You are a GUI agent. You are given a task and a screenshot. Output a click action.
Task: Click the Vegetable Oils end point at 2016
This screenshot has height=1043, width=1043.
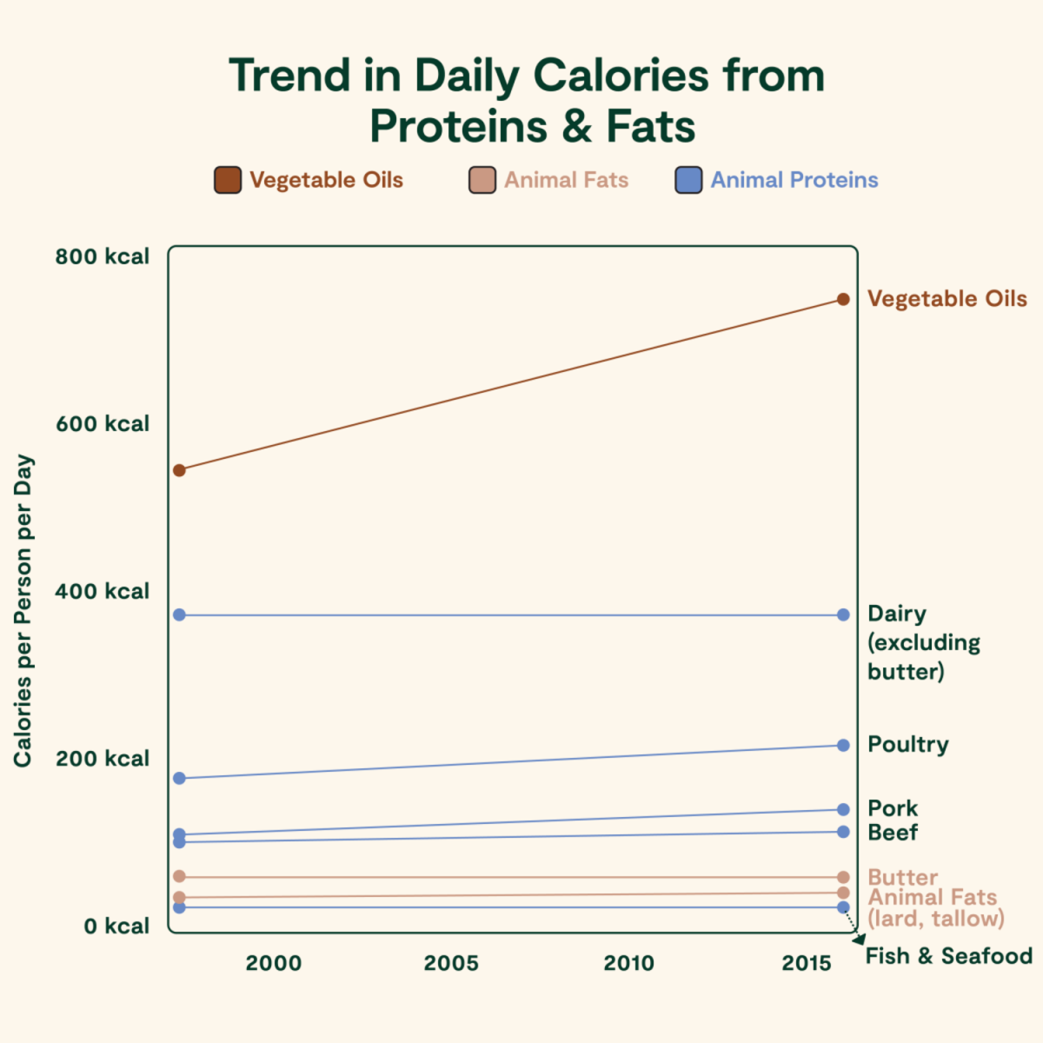[843, 299]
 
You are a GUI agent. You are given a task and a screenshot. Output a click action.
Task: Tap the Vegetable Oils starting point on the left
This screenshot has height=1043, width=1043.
[179, 470]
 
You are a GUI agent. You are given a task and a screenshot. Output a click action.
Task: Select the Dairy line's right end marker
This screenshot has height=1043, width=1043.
[843, 615]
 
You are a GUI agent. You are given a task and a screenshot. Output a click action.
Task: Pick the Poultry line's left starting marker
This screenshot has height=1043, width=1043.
[179, 778]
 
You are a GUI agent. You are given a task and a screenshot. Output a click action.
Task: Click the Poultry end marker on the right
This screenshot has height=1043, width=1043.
[843, 745]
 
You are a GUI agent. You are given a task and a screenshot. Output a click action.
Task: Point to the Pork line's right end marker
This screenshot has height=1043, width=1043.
[843, 809]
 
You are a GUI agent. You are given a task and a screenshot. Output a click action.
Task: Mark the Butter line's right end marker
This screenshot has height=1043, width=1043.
[843, 877]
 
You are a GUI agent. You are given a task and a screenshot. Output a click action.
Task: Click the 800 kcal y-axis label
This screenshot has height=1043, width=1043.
[103, 256]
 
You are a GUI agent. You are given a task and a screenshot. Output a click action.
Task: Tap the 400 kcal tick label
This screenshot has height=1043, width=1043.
[103, 591]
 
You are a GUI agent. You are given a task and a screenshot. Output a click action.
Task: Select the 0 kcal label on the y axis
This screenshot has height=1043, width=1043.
[116, 926]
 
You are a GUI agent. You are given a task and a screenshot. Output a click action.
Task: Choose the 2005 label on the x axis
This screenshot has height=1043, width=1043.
[451, 963]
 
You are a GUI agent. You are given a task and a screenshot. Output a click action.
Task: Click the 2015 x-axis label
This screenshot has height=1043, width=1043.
[807, 963]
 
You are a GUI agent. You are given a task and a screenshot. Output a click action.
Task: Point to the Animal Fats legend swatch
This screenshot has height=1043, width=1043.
[482, 180]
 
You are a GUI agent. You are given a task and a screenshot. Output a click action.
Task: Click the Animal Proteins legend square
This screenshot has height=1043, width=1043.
[688, 180]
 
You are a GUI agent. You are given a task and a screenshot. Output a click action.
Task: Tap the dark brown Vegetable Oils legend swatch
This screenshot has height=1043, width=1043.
[228, 180]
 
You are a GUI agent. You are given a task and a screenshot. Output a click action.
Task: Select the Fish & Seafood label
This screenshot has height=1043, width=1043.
[948, 956]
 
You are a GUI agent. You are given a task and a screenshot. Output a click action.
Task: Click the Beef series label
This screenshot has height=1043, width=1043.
[893, 833]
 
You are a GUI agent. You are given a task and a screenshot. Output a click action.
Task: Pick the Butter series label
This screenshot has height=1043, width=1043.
[902, 877]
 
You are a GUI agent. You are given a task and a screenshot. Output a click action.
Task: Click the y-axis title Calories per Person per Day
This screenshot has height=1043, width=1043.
[23, 610]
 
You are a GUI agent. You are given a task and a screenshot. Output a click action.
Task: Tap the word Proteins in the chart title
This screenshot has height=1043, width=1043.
[459, 126]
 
